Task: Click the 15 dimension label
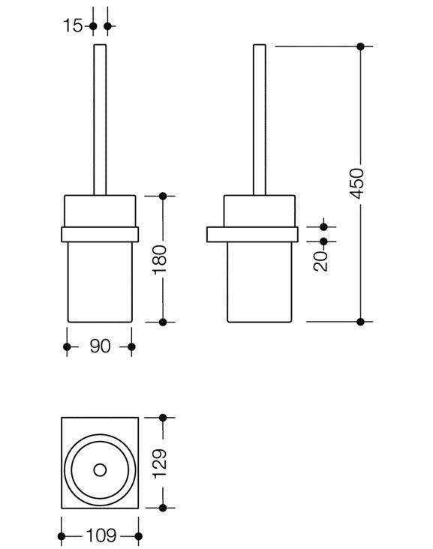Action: click(x=73, y=26)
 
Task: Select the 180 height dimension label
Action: click(x=160, y=259)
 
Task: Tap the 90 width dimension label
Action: click(x=101, y=346)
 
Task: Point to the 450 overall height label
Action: click(x=358, y=184)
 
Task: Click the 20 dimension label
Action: click(x=321, y=261)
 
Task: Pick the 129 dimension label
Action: click(x=160, y=463)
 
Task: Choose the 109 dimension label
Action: click(x=101, y=535)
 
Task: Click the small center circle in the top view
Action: click(x=100, y=470)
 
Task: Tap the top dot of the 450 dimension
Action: click(x=360, y=46)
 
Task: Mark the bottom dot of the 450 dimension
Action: click(x=360, y=322)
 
